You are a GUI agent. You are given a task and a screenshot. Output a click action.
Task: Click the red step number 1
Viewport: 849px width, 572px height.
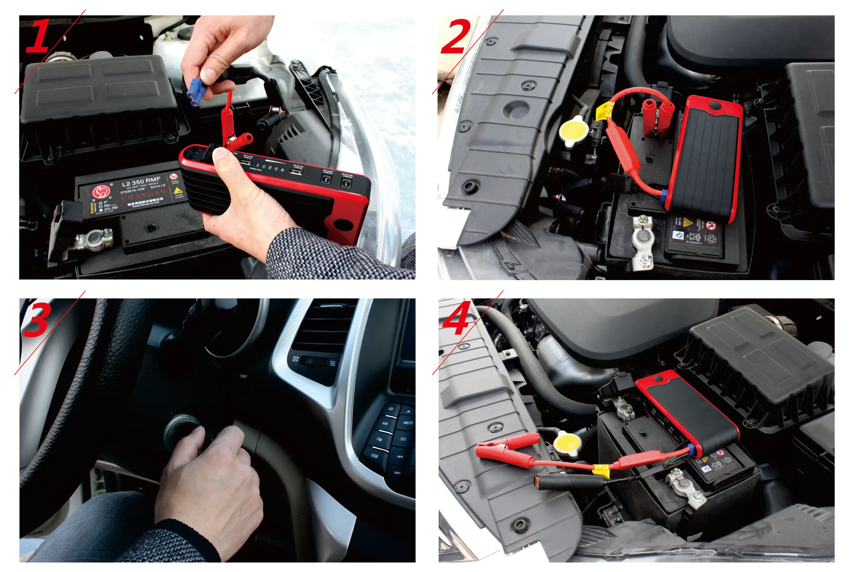pyautogui.click(x=38, y=37)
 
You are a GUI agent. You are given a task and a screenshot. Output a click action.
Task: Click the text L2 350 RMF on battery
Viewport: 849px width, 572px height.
pyautogui.click(x=141, y=181)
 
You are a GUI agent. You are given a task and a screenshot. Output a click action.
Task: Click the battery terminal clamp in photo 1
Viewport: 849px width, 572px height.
pyautogui.click(x=94, y=239)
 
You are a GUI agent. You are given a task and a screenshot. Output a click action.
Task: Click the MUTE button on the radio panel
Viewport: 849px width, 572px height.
pyautogui.click(x=408, y=423)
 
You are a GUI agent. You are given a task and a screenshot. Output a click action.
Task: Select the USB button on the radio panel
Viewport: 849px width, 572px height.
pyautogui.click(x=374, y=456)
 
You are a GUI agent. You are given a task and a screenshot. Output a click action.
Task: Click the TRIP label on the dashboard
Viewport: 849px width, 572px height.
pyautogui.click(x=243, y=376)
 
